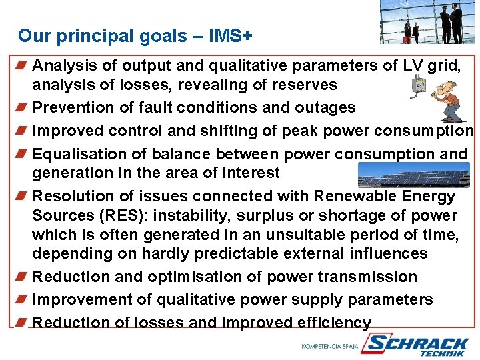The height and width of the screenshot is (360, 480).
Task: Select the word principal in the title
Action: pos(89,36)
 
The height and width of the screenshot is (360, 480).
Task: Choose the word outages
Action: pos(323,107)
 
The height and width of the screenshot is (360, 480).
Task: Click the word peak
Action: pos(304,130)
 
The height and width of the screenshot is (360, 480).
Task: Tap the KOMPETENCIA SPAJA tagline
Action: pos(330,346)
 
